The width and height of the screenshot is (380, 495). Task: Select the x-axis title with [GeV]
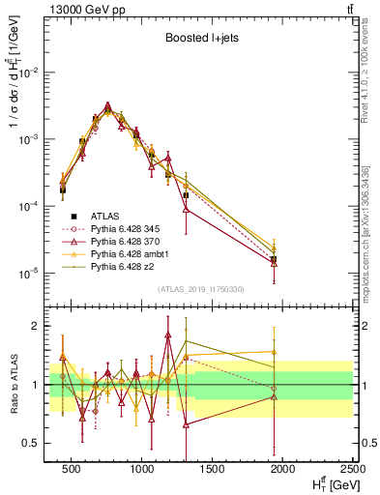click(330, 484)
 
